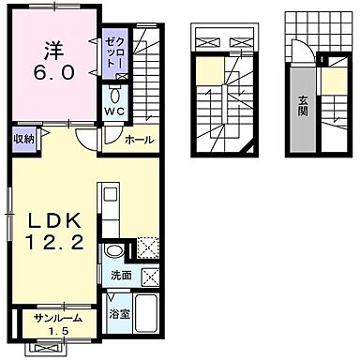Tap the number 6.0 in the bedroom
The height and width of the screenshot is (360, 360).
pyautogui.click(x=54, y=73)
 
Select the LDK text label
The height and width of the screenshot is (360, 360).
pyautogui.click(x=54, y=221)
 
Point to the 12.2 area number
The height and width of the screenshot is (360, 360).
pyautogui.click(x=54, y=242)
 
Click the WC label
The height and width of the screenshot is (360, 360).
pyautogui.click(x=114, y=111)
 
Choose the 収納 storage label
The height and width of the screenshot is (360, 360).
pyautogui.click(x=23, y=139)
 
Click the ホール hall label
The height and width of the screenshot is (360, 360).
pyautogui.click(x=140, y=140)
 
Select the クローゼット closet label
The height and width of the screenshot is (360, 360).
pyautogui.click(x=115, y=52)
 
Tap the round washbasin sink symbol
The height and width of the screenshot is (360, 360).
pyautogui.click(x=113, y=250)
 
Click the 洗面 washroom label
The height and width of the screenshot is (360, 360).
pyautogui.click(x=121, y=276)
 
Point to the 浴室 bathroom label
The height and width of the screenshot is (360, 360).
pyautogui.click(x=119, y=314)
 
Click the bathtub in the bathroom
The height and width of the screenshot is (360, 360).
pyautogui.click(x=146, y=314)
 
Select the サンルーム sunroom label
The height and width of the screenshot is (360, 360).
pyautogui.click(x=58, y=319)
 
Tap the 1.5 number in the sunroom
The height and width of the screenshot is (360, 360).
pyautogui.click(x=59, y=331)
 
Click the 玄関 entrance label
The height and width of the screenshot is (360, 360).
pyautogui.click(x=302, y=106)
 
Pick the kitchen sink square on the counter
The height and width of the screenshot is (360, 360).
pyautogui.click(x=110, y=194)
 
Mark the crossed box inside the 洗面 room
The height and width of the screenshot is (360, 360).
pyautogui.click(x=150, y=277)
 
